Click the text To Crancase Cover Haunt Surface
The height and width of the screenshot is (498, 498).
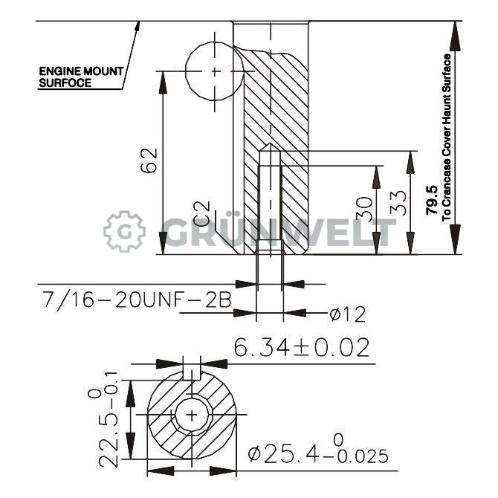[x=447, y=138]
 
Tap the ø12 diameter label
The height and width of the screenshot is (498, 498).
[x=347, y=314]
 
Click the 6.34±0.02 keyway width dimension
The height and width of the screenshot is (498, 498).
[x=301, y=347]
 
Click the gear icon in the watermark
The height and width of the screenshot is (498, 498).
[x=123, y=231]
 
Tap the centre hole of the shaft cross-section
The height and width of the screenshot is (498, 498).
[x=192, y=415]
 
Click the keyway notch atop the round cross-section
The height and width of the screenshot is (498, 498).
[x=192, y=371]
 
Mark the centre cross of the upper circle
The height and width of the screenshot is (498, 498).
[x=216, y=71]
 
